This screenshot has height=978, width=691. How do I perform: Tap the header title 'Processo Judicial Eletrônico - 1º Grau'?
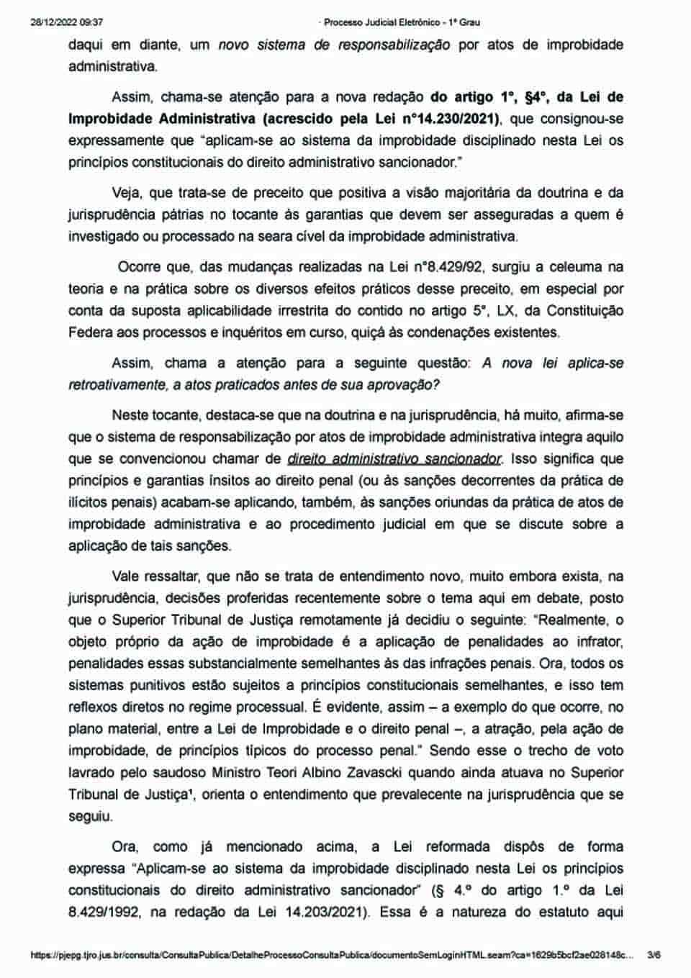(x=402, y=22)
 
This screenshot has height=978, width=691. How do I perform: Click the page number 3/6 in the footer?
(x=654, y=956)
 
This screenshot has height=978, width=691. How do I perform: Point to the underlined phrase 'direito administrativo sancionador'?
(x=394, y=458)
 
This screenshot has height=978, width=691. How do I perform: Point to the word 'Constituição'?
(x=585, y=311)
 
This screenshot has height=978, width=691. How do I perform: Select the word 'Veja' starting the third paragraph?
(x=127, y=193)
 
